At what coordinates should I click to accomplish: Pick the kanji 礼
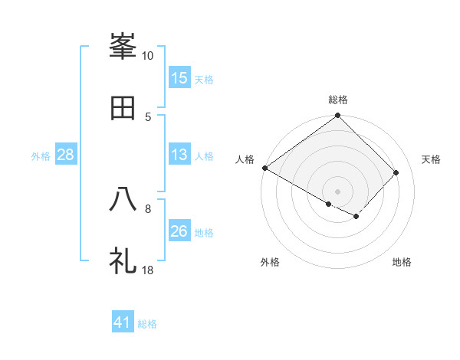123,261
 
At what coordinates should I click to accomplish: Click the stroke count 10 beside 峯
148,56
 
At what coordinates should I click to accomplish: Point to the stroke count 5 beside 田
148,116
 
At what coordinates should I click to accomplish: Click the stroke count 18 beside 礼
148,270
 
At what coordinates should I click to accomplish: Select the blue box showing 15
179,78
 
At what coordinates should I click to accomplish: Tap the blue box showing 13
179,155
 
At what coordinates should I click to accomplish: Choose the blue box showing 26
179,231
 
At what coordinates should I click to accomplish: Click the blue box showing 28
66,155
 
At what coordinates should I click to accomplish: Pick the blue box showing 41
123,322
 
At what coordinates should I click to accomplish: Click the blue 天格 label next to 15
204,79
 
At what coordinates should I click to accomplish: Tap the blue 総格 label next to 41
147,323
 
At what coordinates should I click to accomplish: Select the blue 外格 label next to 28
41,156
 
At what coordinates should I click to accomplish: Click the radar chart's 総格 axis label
338,100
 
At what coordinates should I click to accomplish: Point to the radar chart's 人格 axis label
245,159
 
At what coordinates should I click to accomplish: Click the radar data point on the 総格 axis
338,116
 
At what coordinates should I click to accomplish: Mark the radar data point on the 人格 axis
264,168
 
